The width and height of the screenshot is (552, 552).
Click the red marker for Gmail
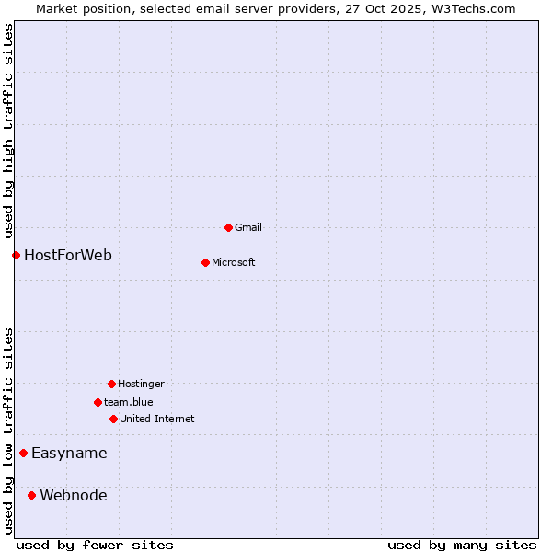[x=228, y=227]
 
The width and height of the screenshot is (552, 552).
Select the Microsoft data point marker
[x=205, y=262]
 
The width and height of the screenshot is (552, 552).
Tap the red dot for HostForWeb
[x=16, y=255]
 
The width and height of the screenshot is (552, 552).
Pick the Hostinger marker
[x=111, y=384]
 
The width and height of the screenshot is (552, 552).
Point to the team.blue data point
[x=98, y=402]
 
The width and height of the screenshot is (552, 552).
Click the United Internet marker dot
[x=113, y=419]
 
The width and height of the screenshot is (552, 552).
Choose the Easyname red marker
[x=23, y=453]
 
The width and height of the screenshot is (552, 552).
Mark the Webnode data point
[x=31, y=495]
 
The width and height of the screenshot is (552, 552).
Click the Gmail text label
[x=248, y=227]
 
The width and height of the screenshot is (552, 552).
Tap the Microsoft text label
[x=234, y=262]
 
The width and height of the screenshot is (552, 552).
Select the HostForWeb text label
[x=68, y=255]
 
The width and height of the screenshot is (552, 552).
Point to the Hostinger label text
[x=141, y=384]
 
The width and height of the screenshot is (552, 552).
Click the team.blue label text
[x=129, y=402]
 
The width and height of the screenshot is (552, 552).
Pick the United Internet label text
[x=157, y=419]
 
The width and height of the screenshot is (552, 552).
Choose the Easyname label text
[x=69, y=453]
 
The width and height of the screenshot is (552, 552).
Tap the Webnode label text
[x=74, y=495]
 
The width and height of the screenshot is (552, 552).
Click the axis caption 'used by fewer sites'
[x=95, y=545]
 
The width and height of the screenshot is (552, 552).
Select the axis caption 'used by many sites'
[x=462, y=545]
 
